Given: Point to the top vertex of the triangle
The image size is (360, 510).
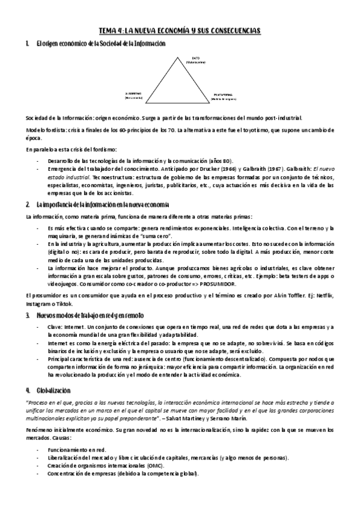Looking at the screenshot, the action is click(x=178, y=55).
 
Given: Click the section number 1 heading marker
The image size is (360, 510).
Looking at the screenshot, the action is click(x=28, y=44).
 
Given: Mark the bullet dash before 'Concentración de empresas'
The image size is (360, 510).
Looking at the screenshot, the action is click(x=38, y=474).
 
